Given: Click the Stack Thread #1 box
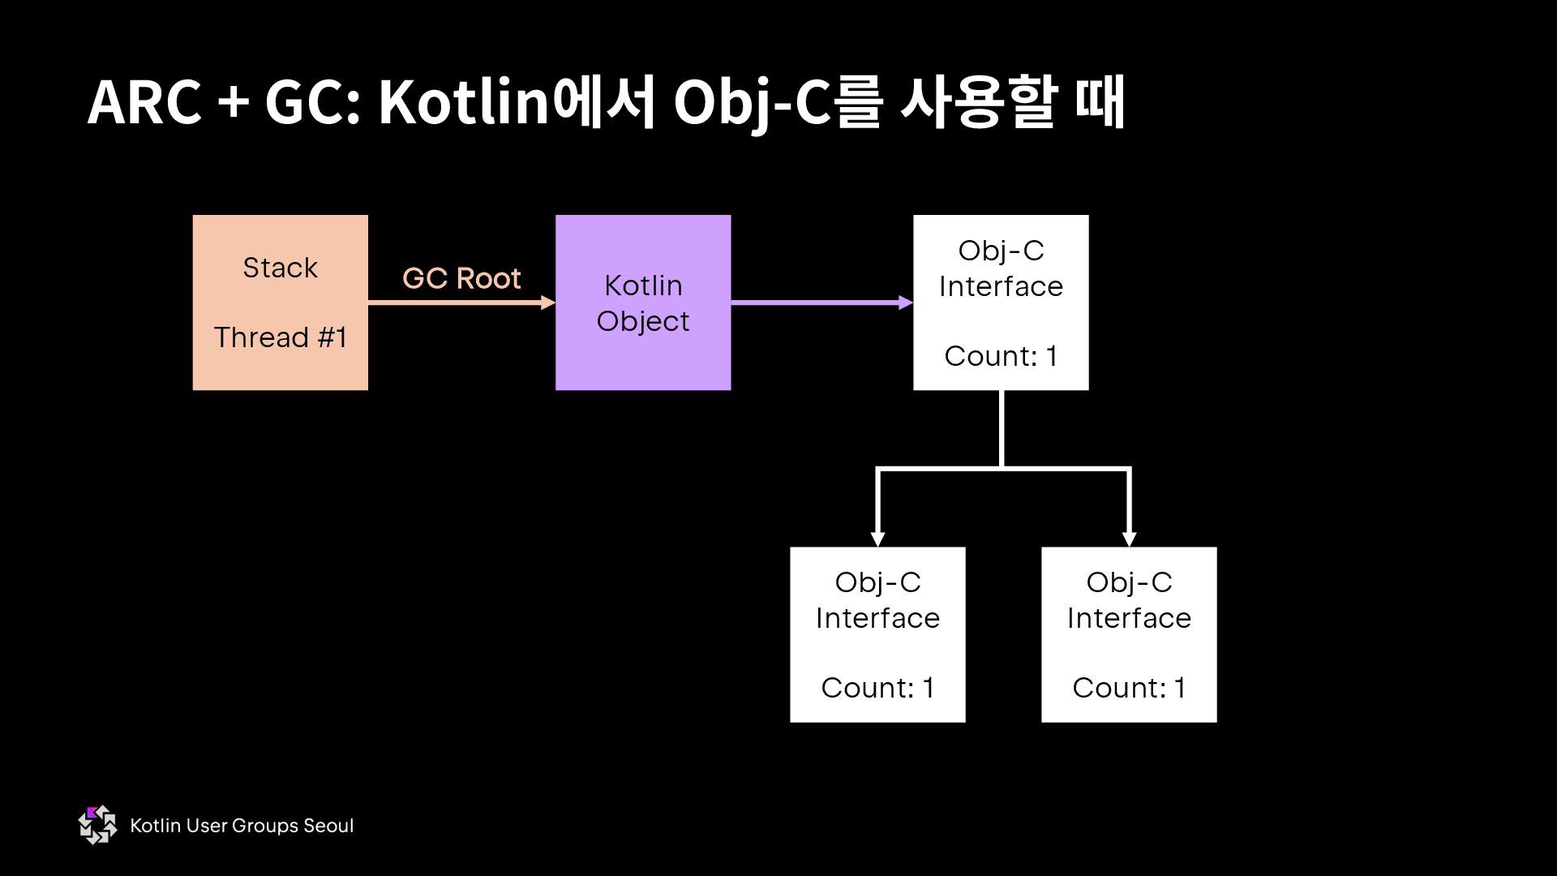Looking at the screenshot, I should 280,303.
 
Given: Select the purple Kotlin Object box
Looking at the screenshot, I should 643,303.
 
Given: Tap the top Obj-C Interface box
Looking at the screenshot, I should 1001,303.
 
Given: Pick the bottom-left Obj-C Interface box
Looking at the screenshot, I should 877,634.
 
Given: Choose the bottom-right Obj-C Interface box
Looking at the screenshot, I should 1129,634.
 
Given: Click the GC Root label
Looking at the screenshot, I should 461,278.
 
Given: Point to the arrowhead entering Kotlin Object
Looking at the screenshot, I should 548,303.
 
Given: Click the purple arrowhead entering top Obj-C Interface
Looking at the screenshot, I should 906,303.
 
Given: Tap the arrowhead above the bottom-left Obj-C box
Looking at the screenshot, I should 877,539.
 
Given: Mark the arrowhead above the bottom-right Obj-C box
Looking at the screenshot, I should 1129,539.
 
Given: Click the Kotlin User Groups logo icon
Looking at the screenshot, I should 97,825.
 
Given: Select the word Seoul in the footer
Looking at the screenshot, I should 328,826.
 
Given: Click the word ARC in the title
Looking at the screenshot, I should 144,104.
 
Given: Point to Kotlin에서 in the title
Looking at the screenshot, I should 516,104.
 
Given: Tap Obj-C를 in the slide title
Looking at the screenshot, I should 777,104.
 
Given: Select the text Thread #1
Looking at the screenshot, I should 281,337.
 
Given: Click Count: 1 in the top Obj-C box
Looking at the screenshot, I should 1001,356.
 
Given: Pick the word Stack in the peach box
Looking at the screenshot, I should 280,268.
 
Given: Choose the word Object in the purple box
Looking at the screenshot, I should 643,321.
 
